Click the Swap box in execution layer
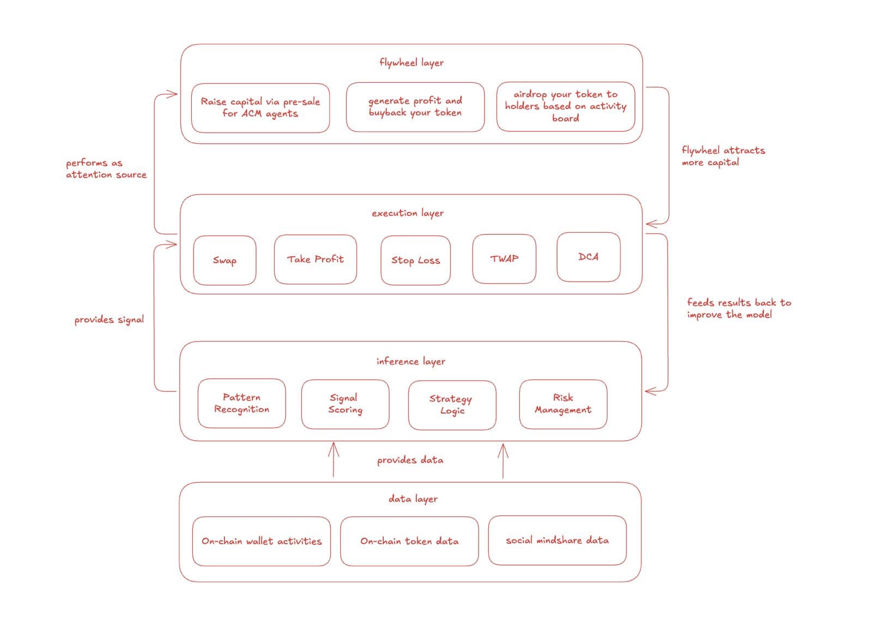point(225,260)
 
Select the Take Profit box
point(315,259)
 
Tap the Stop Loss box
point(415,260)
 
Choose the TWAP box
point(504,259)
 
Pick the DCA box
point(588,257)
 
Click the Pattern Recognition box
point(241,403)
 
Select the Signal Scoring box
point(345,404)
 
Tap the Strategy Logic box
point(452,405)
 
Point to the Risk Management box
point(562,404)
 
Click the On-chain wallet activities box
point(261,541)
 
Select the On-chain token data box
point(409,541)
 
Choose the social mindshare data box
point(557,540)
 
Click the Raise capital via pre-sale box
point(261,107)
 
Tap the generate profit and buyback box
point(415,107)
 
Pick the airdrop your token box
point(565,106)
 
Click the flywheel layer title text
point(411,63)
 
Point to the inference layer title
point(410,361)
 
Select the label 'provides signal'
point(109,320)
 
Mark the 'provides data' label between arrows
point(410,460)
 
